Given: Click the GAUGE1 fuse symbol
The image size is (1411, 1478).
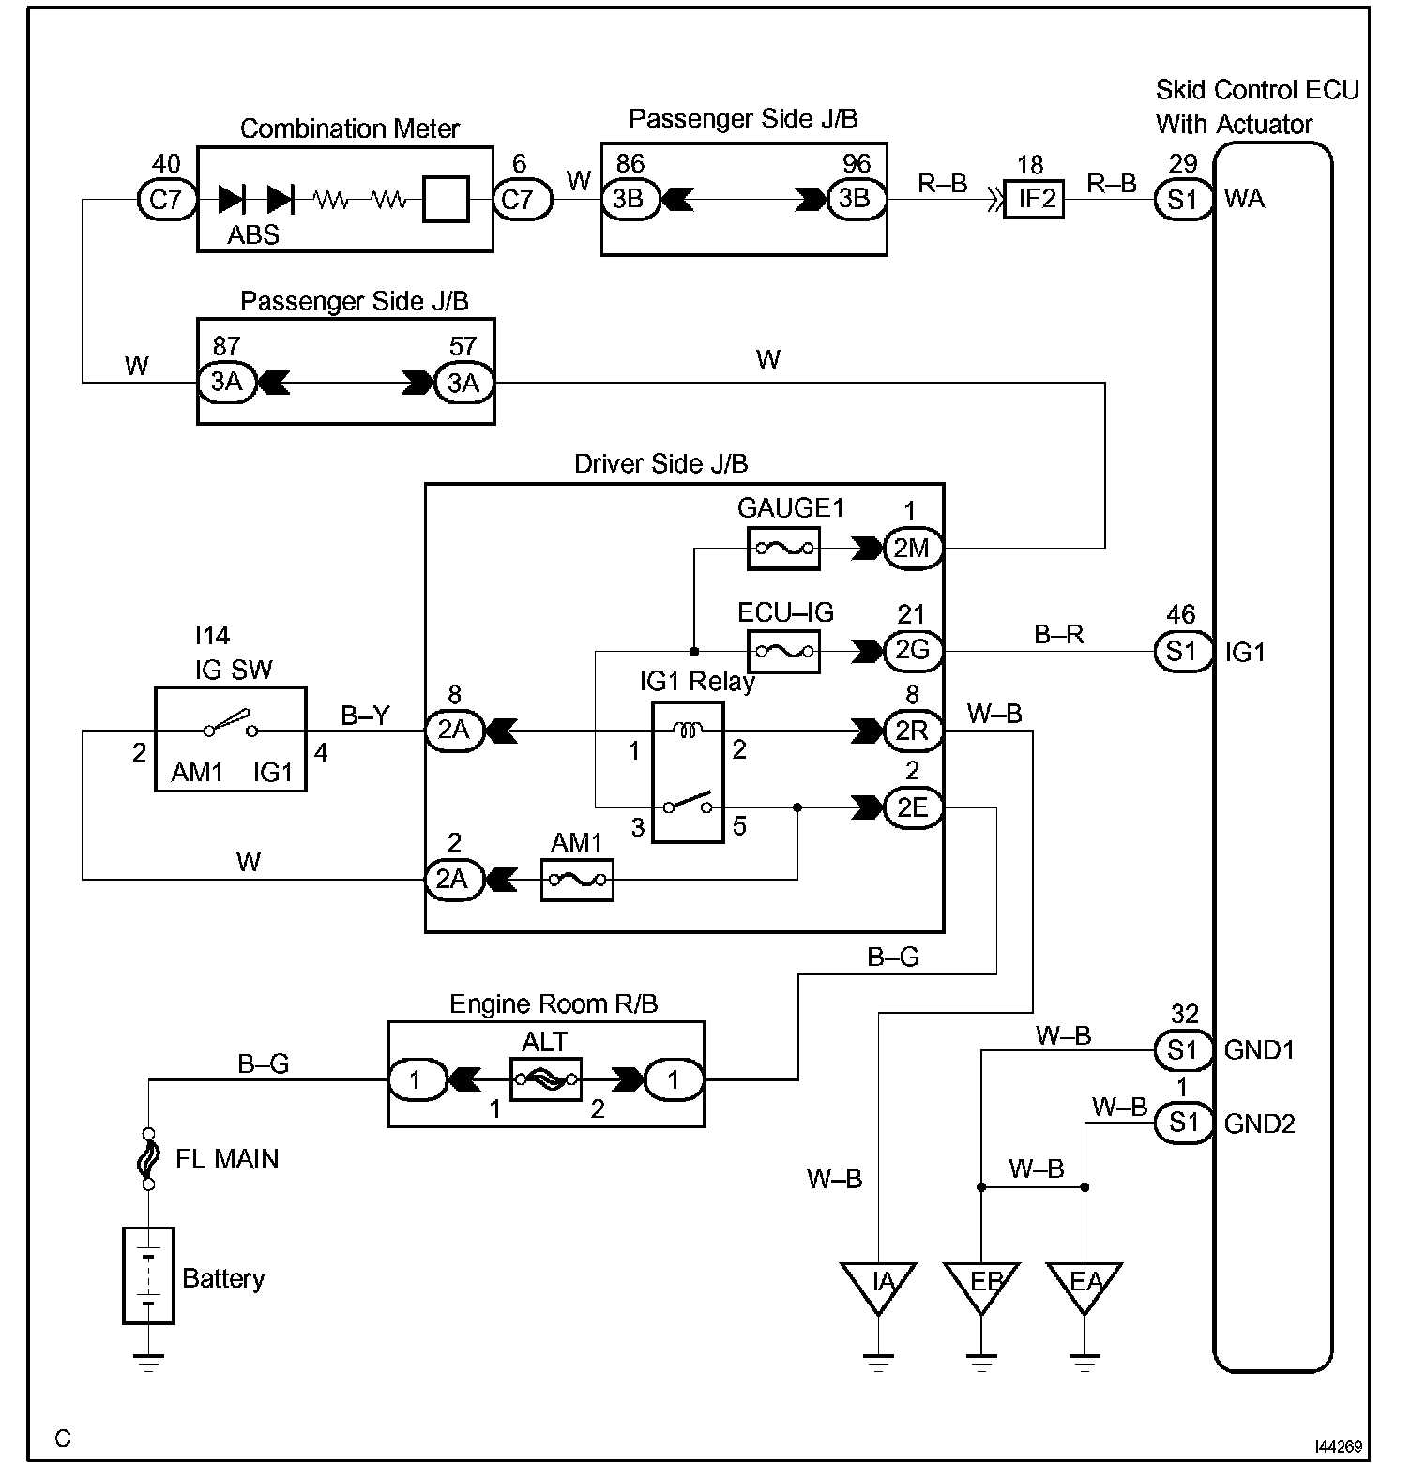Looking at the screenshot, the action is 783,548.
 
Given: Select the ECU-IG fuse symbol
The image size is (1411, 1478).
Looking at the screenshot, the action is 783,651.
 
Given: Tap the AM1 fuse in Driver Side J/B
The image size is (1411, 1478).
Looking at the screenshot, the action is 577,880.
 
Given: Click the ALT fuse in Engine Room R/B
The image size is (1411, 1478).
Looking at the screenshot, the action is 546,1080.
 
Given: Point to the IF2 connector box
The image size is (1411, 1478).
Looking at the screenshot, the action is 1034,199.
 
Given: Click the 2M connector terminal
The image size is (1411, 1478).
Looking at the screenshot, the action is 912,548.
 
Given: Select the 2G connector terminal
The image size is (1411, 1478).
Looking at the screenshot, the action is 912,651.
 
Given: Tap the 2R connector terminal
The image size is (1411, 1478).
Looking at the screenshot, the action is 912,731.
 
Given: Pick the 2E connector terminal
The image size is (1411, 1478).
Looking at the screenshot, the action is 912,807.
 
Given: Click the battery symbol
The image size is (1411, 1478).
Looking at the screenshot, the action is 148,1275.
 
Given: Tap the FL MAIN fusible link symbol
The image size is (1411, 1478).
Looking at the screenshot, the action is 148,1159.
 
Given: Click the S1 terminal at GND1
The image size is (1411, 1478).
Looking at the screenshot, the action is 1183,1050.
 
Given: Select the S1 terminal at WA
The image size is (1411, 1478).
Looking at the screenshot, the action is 1183,199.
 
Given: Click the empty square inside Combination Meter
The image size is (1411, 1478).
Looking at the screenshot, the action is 446,199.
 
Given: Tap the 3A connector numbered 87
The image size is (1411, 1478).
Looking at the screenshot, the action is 226,383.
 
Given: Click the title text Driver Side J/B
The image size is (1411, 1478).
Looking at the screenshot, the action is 661,463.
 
